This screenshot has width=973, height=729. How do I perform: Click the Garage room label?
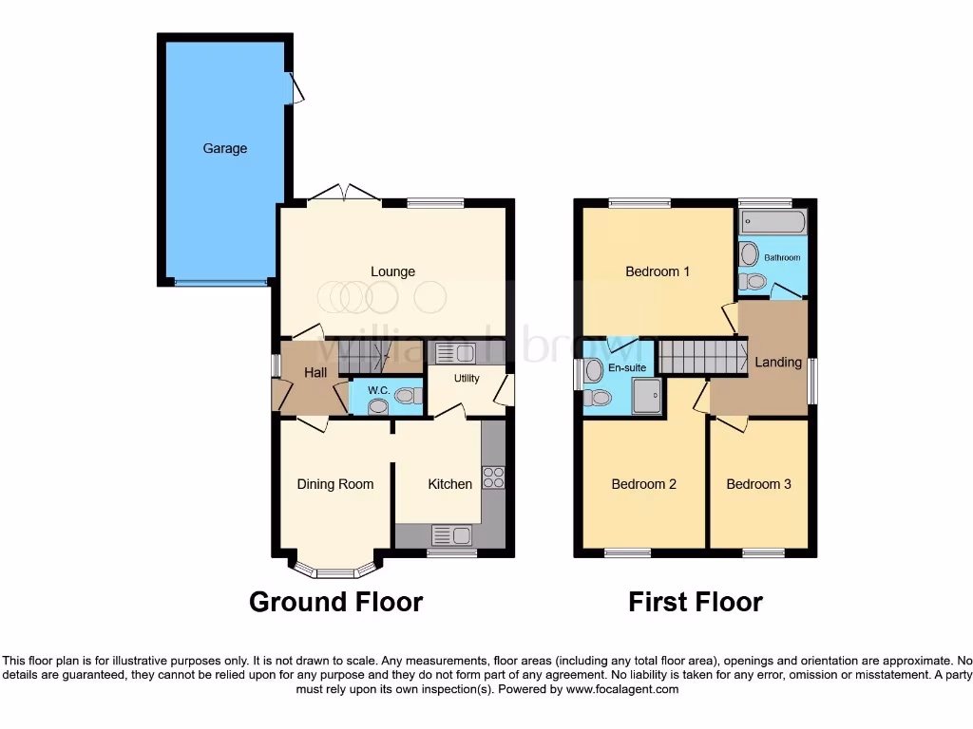tap(224, 148)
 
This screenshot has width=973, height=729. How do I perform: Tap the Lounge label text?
tap(392, 271)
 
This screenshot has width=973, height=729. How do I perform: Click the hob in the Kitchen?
tap(493, 477)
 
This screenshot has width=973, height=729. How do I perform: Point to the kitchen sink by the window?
tap(452, 535)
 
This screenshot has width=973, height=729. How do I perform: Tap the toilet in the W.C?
tap(407, 396)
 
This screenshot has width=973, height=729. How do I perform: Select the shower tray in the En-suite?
tap(647, 397)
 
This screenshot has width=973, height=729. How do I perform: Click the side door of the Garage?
tap(296, 88)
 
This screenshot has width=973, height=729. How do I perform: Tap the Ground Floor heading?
tap(335, 602)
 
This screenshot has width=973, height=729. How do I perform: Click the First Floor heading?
tap(696, 602)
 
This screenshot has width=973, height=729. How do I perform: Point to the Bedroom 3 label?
tap(758, 484)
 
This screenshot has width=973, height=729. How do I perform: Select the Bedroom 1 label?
tap(658, 271)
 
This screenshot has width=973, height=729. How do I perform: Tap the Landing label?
tap(778, 362)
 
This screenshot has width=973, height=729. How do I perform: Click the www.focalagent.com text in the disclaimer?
tap(621, 689)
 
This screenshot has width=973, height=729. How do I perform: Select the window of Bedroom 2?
tap(627, 553)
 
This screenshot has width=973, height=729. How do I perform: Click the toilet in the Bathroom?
tap(754, 281)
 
